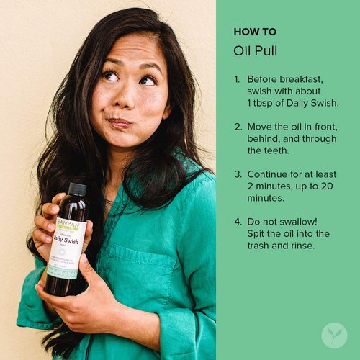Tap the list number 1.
tap(237, 78)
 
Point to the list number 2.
tap(237, 126)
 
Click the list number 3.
tap(237, 174)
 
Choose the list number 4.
tap(237, 222)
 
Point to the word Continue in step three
tap(269, 174)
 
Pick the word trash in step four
tap(259, 246)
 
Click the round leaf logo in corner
tap(334, 335)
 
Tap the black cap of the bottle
tap(77, 189)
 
